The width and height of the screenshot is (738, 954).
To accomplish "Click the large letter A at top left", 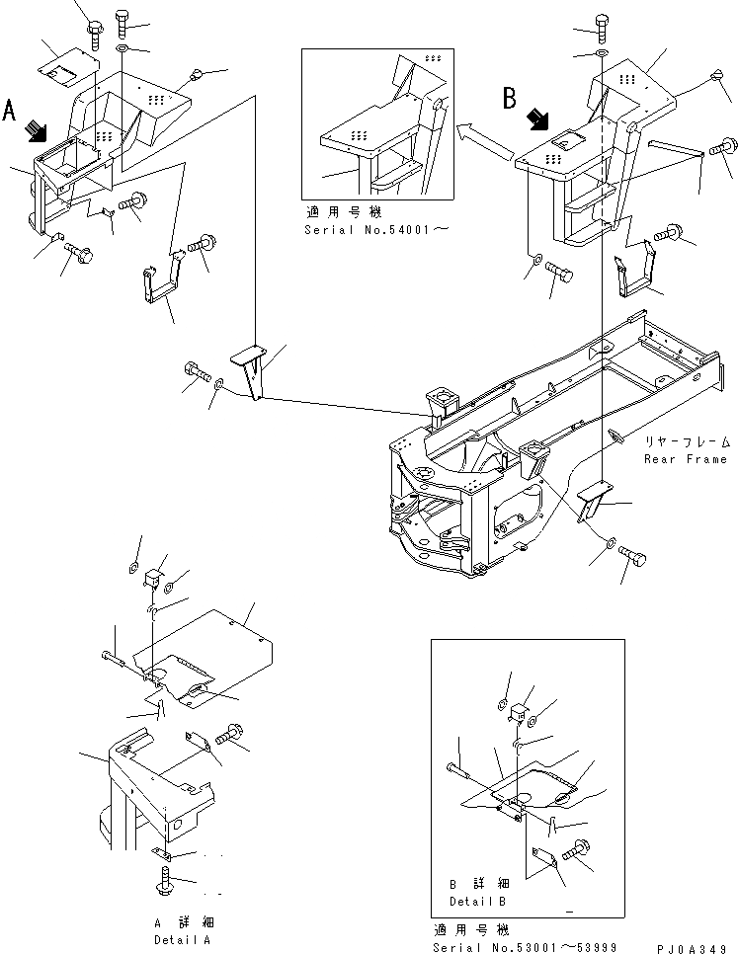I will coord(11,108).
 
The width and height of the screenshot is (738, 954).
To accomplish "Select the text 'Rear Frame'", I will coord(688,458).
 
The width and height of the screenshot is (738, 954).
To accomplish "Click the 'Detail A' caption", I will coord(182,939).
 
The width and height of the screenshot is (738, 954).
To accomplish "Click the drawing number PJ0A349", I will coord(697,947).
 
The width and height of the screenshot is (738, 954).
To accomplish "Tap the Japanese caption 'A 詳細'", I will coord(182,923).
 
